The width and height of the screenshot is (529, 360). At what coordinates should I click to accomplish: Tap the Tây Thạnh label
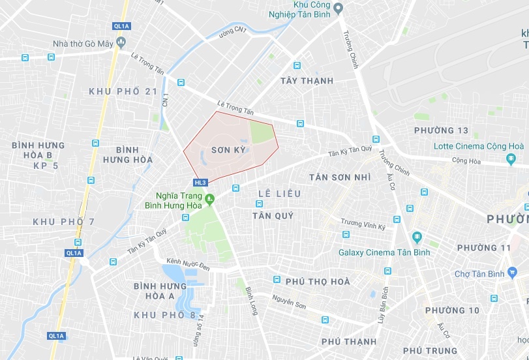pyautogui.click(x=307, y=81)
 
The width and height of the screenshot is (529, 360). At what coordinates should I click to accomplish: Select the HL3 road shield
pyautogui.click(x=200, y=183)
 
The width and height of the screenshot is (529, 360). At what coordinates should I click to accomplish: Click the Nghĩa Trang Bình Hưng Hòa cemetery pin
pyautogui.click(x=209, y=199)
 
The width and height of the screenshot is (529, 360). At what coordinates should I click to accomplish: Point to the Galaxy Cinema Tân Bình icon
pyautogui.click(x=417, y=237)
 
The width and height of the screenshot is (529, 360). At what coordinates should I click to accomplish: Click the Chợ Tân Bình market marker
pyautogui.click(x=512, y=273)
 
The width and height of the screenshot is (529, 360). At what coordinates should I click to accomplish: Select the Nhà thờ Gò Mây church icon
pyautogui.click(x=121, y=43)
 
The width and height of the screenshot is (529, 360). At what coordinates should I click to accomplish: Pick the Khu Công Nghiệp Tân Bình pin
pyautogui.click(x=338, y=8)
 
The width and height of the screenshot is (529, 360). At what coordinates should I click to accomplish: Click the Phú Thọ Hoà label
pyautogui.click(x=318, y=282)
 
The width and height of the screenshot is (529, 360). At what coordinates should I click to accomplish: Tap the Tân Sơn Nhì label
pyautogui.click(x=340, y=177)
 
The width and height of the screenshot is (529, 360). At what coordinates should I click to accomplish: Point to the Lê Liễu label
pyautogui.click(x=279, y=194)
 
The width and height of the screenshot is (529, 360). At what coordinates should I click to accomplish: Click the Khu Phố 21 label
pyautogui.click(x=124, y=91)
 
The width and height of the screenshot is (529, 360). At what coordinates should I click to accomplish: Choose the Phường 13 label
pyautogui.click(x=442, y=130)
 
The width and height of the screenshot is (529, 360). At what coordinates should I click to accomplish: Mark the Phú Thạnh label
pyautogui.click(x=349, y=341)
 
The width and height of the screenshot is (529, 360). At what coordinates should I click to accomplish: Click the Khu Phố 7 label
pyautogui.click(x=64, y=222)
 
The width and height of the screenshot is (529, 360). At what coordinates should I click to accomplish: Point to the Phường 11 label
pyautogui.click(x=484, y=248)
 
